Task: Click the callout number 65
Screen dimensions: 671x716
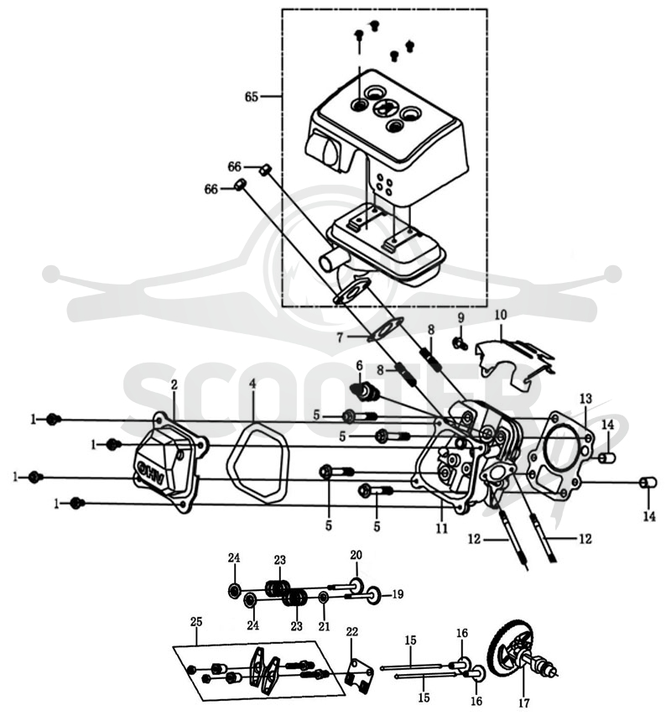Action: pos(252,97)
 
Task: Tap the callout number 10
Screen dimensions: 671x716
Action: pos(501,315)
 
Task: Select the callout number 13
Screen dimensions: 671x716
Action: pos(585,398)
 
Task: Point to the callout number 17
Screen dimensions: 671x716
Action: pos(523,703)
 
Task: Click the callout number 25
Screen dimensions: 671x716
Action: pos(196,621)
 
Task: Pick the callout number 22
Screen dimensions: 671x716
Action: pos(351,631)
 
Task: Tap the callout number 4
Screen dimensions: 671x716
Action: pos(252,384)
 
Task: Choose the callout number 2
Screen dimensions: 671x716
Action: pos(174,385)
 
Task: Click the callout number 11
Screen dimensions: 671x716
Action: pos(441,528)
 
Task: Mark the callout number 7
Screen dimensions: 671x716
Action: pos(340,338)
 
